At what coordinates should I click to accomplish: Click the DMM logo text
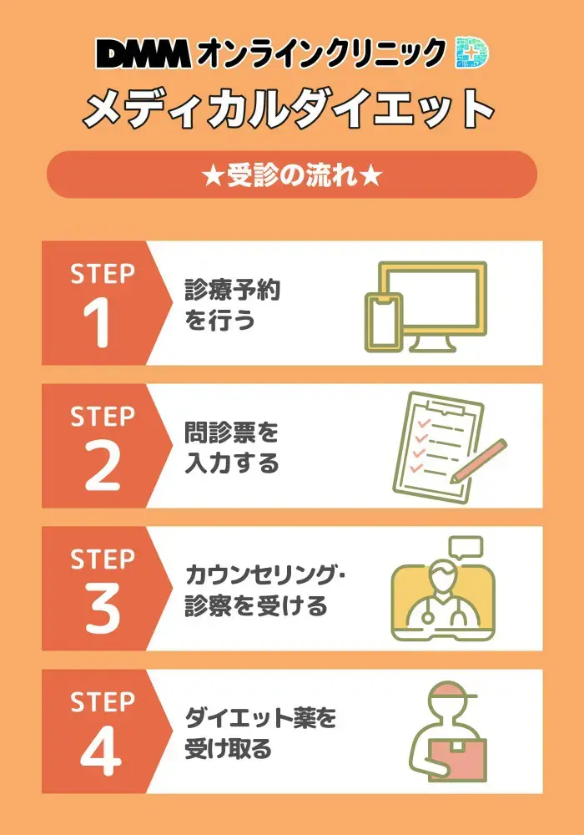click(x=143, y=55)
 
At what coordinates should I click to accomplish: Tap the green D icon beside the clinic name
click(x=472, y=54)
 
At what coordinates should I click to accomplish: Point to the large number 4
click(x=101, y=751)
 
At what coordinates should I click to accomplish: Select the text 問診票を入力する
click(x=231, y=448)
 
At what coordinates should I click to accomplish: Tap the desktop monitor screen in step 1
click(x=432, y=296)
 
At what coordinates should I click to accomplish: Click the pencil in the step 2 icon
click(x=479, y=460)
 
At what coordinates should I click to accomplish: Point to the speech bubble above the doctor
click(x=466, y=548)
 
